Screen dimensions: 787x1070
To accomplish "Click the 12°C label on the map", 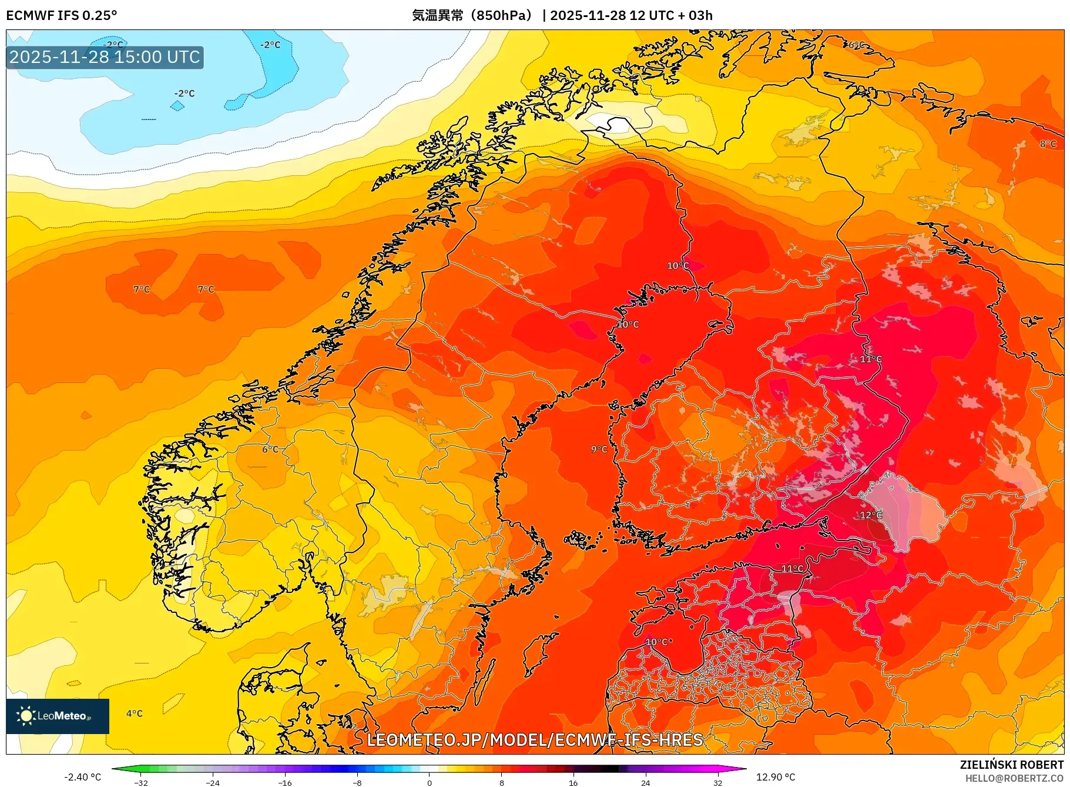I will click(871, 515).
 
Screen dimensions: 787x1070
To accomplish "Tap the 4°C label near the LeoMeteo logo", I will click(135, 713).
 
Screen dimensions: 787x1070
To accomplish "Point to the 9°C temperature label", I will click(599, 449).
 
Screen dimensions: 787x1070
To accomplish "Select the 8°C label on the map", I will click(1048, 144).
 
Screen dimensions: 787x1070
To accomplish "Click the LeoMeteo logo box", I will click(58, 716).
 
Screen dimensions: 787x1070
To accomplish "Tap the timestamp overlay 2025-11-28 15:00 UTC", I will click(105, 57).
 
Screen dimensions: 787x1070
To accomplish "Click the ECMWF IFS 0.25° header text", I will click(62, 15).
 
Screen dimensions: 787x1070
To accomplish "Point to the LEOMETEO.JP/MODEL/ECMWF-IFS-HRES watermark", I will click(535, 740).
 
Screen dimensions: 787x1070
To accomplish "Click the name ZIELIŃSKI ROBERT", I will click(1011, 765).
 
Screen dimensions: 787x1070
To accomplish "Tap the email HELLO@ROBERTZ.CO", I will click(1014, 778).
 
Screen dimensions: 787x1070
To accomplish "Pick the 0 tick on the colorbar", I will click(430, 783).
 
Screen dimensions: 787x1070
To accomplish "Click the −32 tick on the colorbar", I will click(141, 783).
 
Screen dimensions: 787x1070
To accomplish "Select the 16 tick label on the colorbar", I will click(573, 783).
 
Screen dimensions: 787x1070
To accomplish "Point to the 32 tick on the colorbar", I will click(717, 783).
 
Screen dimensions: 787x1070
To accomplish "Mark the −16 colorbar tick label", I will click(285, 783).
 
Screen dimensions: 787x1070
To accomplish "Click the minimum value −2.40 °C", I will click(82, 777).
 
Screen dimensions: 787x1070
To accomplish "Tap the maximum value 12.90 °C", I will click(776, 777).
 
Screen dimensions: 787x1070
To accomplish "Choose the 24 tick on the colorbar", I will click(645, 783).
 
